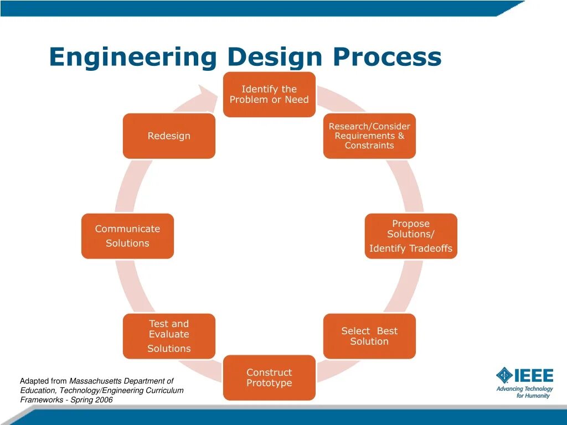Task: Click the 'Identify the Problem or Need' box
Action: tap(269, 95)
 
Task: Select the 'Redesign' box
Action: tap(169, 136)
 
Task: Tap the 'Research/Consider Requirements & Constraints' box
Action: tap(369, 136)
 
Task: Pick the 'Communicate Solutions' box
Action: tap(127, 236)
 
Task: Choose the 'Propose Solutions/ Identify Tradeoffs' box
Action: tap(411, 236)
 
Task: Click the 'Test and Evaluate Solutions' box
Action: tap(169, 336)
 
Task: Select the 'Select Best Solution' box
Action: tap(369, 336)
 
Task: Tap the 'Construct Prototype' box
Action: tap(269, 378)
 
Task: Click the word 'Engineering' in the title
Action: tap(133, 58)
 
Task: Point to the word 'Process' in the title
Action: tap(388, 58)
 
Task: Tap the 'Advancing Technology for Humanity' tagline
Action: tap(524, 392)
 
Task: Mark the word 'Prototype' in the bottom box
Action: tap(269, 383)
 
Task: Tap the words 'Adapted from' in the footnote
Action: tap(43, 381)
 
